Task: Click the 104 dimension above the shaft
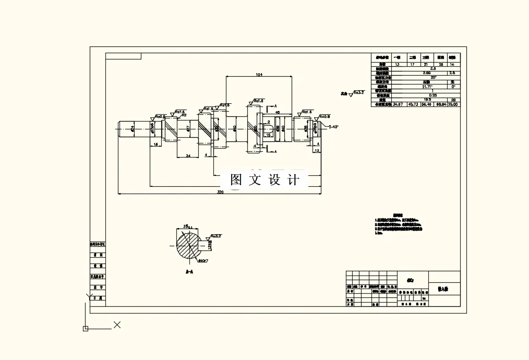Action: tap(259, 75)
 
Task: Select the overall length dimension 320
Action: tap(220, 192)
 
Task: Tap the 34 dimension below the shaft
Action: tap(188, 155)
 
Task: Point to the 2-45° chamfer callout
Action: tap(333, 127)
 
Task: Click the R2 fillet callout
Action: tap(184, 115)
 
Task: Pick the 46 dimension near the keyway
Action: tap(277, 112)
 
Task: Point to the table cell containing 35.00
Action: tap(453, 104)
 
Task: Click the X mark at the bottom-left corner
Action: tap(117, 325)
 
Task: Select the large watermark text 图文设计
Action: tap(266, 179)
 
